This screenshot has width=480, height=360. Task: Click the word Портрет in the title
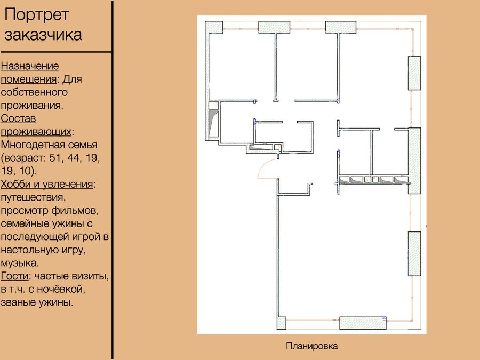point(37,15)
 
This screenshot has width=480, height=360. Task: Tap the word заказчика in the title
point(43,34)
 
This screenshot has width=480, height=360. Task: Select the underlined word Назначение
point(30,66)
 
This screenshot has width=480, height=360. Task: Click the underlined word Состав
point(18,118)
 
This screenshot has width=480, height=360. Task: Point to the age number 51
point(55,158)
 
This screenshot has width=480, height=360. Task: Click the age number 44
point(74,158)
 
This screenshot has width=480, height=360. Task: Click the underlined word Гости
point(15,276)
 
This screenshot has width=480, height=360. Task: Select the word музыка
point(20,263)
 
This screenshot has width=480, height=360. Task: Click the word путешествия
point(33,198)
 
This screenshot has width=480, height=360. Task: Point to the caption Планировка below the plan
point(311,346)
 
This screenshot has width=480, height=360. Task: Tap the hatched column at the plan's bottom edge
point(363,323)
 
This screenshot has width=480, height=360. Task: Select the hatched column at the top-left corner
point(214,27)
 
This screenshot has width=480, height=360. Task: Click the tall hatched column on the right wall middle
point(414,161)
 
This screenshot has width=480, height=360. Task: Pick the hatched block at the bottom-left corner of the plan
point(282,323)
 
